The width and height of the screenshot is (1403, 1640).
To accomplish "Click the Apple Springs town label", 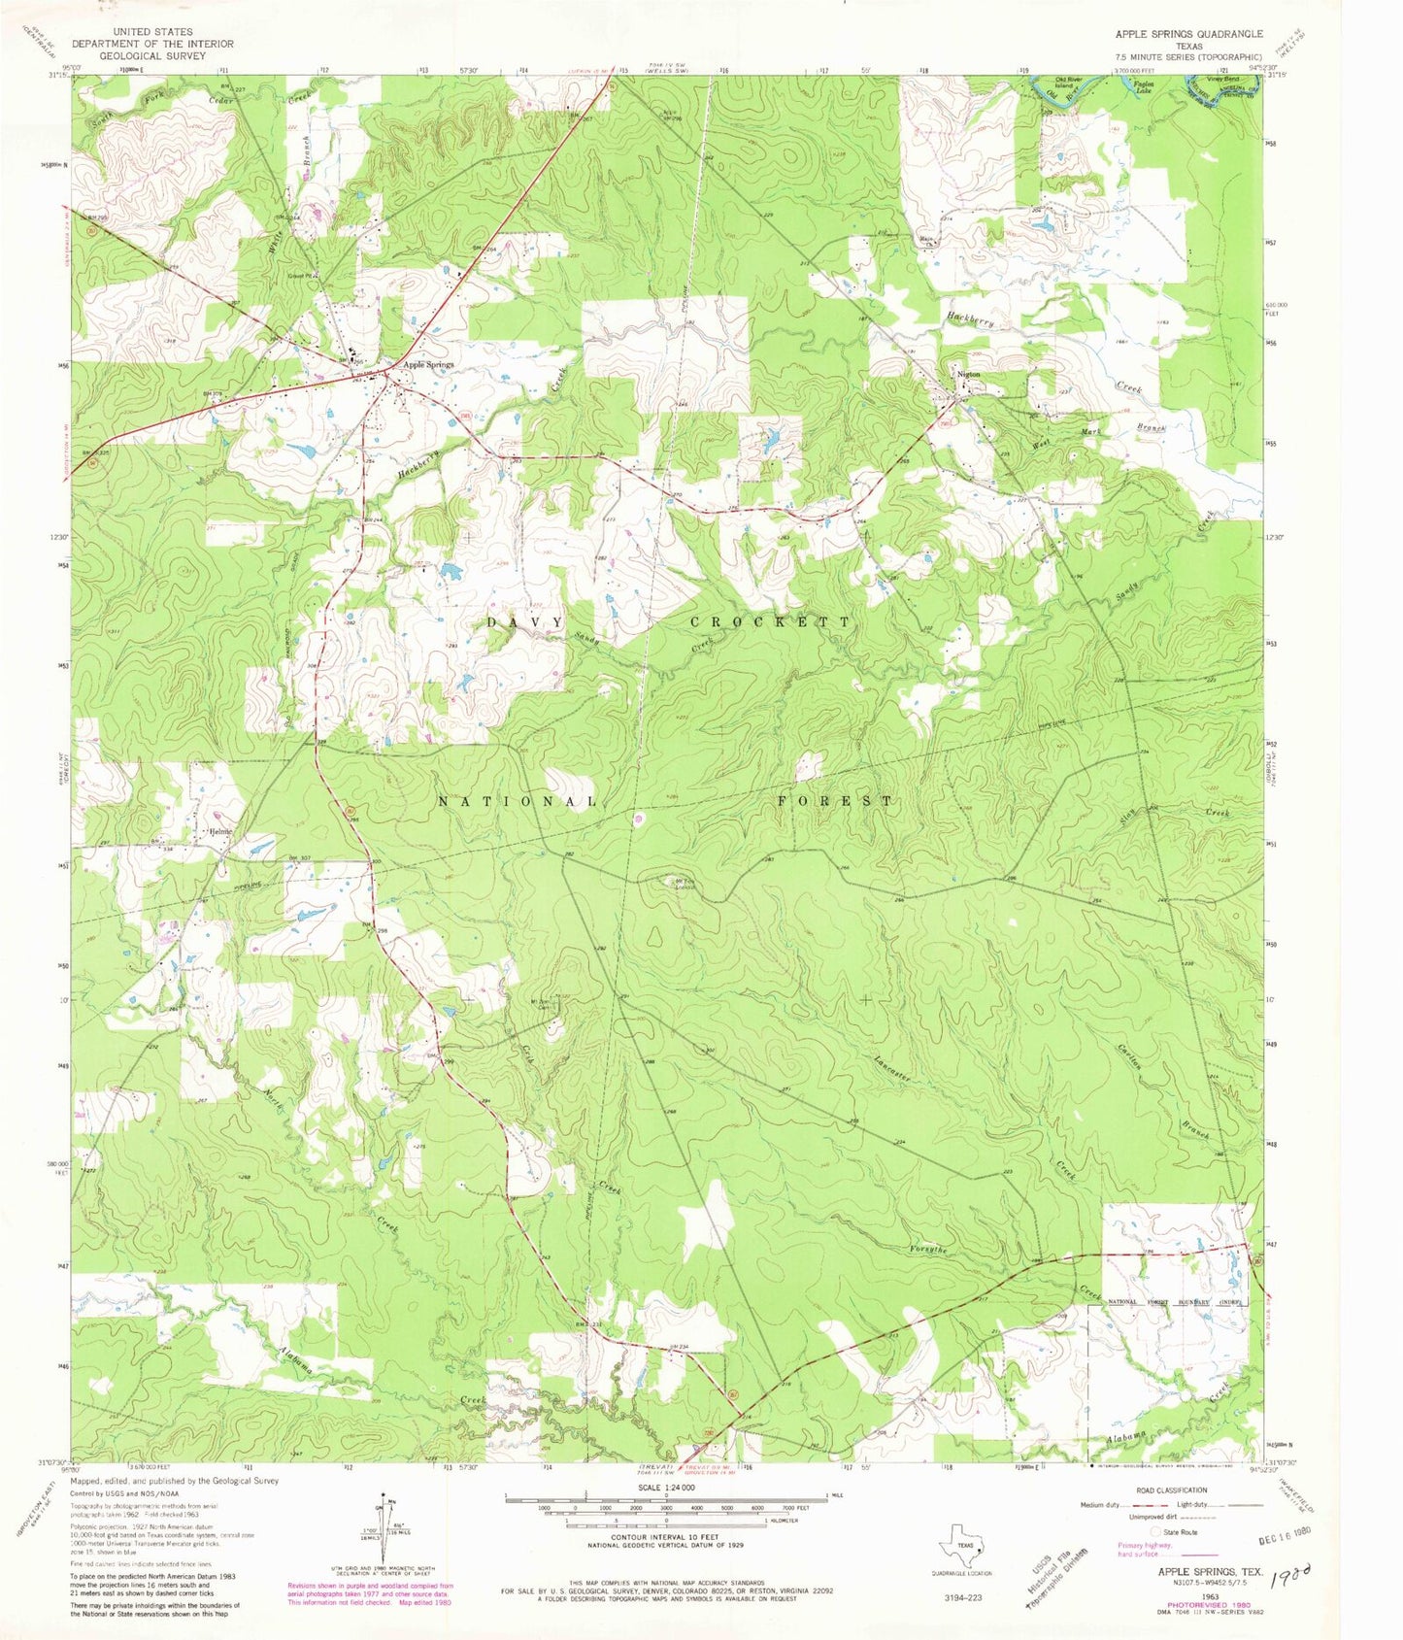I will (x=428, y=365).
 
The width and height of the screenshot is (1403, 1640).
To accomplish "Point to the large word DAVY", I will (x=524, y=621).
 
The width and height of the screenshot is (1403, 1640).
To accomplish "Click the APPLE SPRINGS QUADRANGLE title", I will (x=1188, y=33).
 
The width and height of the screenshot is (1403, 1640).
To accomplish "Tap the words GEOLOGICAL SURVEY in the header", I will (x=159, y=56).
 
